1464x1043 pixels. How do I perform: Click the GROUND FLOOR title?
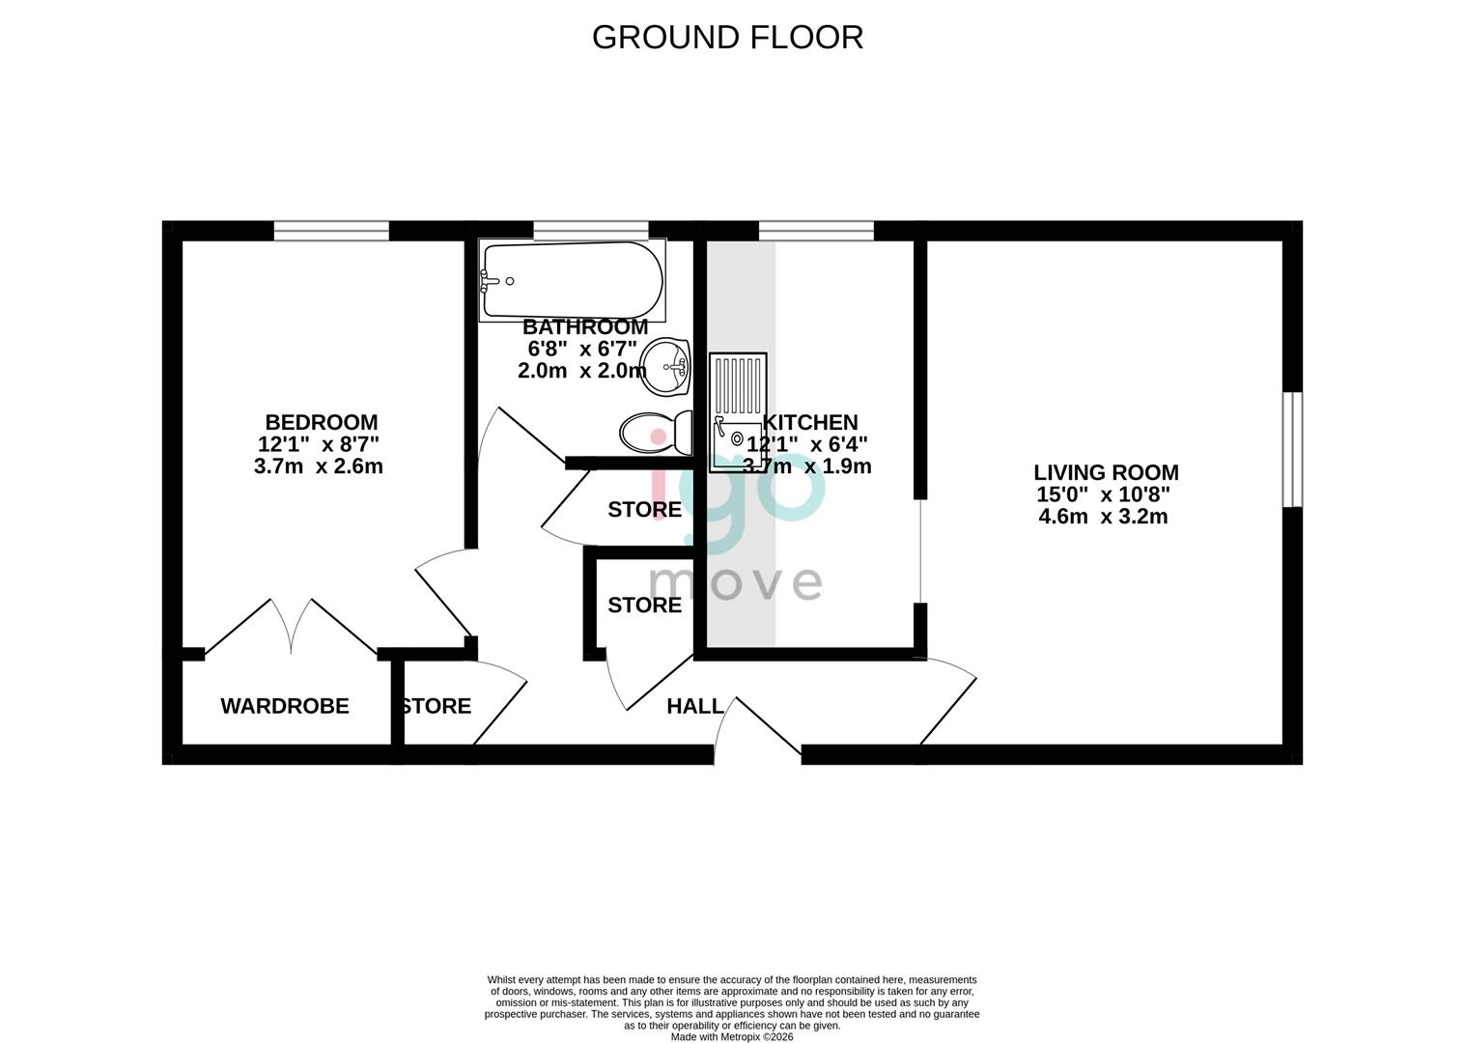pos(727,37)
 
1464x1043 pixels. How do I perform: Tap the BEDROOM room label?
pos(321,422)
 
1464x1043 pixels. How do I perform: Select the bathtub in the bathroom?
pos(573,280)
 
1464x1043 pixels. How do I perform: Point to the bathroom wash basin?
pos(666,365)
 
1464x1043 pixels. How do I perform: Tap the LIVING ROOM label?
pos(1106,472)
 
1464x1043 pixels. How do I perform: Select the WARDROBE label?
pos(285,706)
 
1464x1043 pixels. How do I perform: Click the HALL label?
pos(695,706)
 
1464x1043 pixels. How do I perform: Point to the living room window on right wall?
pos(1292,449)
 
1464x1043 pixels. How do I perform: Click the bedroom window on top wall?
pos(331,230)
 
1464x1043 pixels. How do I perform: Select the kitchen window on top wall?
pos(816,230)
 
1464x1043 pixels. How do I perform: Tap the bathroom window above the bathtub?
pos(590,230)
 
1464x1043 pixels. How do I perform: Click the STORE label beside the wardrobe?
pos(436,706)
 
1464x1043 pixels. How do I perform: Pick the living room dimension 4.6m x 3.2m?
pos(1103,517)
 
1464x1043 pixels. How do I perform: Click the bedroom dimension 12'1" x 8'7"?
pos(319,444)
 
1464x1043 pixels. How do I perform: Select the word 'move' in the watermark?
pos(735,583)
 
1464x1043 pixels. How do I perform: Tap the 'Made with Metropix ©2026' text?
pos(732,1037)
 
